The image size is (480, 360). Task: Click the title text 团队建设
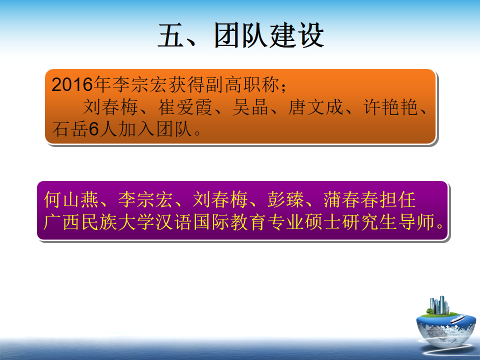269,35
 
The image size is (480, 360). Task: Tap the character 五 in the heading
171,35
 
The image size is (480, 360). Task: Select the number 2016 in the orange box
72,84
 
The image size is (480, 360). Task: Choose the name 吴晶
250,107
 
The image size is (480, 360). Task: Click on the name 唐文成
315,107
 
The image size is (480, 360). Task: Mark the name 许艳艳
390,107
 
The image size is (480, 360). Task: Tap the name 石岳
70,129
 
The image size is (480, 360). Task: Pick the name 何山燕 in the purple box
71,199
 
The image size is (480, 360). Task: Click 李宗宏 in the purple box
145,199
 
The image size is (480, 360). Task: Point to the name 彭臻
285,199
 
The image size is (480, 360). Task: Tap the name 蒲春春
351,199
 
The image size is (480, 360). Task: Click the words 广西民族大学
99,222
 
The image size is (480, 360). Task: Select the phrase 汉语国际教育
211,222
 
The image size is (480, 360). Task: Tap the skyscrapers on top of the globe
439,305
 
